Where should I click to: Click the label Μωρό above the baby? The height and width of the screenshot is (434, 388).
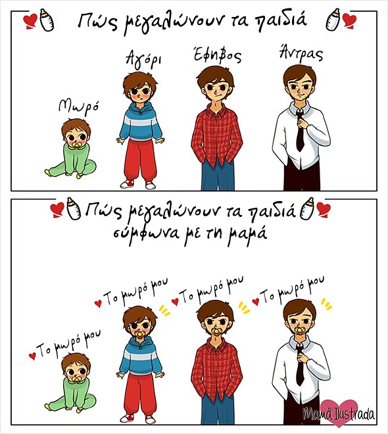click(x=78, y=107)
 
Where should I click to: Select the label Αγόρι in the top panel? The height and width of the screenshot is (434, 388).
click(x=143, y=59)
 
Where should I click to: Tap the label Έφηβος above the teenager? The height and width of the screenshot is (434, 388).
click(x=217, y=55)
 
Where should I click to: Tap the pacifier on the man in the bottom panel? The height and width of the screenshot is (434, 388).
click(x=300, y=331)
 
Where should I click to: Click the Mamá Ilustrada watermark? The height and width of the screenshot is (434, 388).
click(x=339, y=414)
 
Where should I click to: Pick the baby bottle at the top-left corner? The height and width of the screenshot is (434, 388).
click(x=47, y=19)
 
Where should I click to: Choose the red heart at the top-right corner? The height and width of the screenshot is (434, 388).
click(x=350, y=21)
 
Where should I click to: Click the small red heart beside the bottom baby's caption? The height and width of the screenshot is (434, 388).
click(x=32, y=356)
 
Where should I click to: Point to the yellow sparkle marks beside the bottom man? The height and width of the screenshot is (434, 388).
click(x=326, y=304)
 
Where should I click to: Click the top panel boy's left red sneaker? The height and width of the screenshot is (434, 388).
click(x=127, y=183)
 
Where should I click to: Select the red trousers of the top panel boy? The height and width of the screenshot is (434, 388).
click(x=140, y=160)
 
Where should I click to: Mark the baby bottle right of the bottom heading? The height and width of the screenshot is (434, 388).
click(x=308, y=208)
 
